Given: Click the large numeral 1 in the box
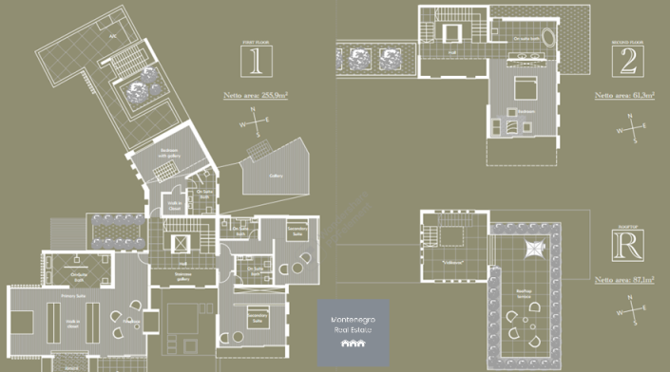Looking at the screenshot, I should coord(253,62).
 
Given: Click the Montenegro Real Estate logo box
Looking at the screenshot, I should coord(353,333).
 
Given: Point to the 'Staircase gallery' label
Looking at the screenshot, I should coord(183,276).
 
